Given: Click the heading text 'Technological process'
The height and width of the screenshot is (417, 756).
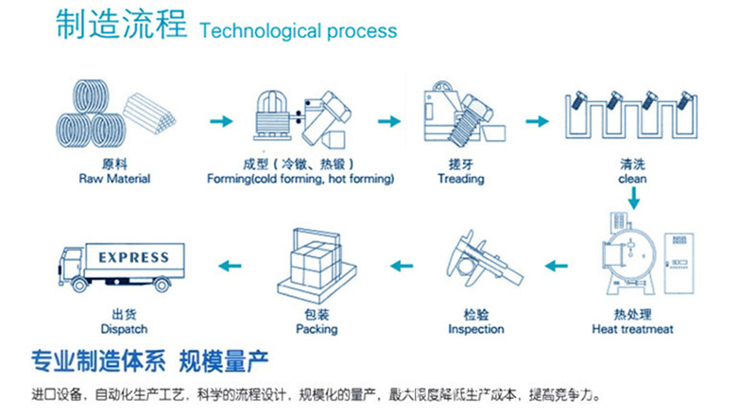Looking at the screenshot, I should (298, 30).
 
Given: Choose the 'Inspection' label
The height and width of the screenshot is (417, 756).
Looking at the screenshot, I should (476, 330).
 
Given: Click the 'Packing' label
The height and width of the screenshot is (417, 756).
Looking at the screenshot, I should (316, 330).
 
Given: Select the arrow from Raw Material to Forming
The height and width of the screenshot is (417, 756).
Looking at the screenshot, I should (219, 122).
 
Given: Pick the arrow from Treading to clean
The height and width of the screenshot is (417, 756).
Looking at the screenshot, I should (537, 122).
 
